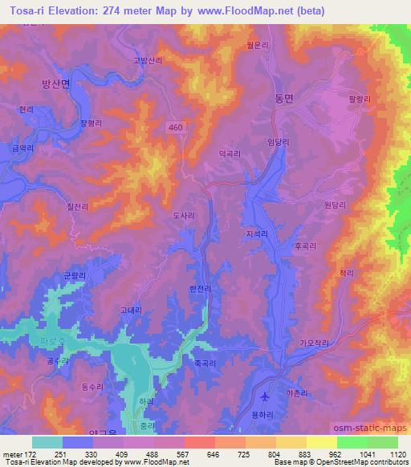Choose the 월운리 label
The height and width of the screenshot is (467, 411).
click(278, 46)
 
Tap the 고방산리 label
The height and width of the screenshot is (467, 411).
click(147, 60)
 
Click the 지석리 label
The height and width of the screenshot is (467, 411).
click(258, 233)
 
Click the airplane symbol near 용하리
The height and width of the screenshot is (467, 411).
click(266, 396)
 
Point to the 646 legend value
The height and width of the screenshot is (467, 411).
click(191, 455)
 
